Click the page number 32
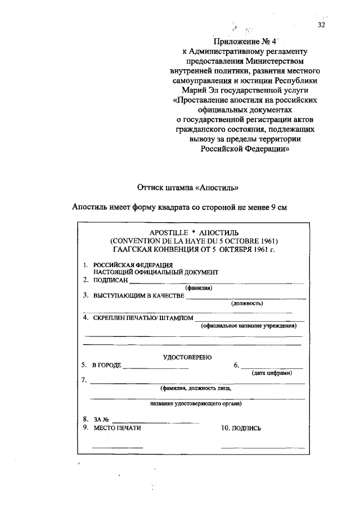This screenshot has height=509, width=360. pyautogui.click(x=321, y=25)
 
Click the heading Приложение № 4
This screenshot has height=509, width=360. pyautogui.click(x=244, y=41)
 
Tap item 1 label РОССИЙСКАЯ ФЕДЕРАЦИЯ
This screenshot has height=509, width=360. pyautogui.click(x=133, y=264)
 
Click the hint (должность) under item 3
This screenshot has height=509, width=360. pyautogui.click(x=247, y=303)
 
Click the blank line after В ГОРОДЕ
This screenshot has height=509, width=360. pyautogui.click(x=156, y=367)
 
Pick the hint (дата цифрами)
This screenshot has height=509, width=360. pyautogui.click(x=272, y=373)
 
